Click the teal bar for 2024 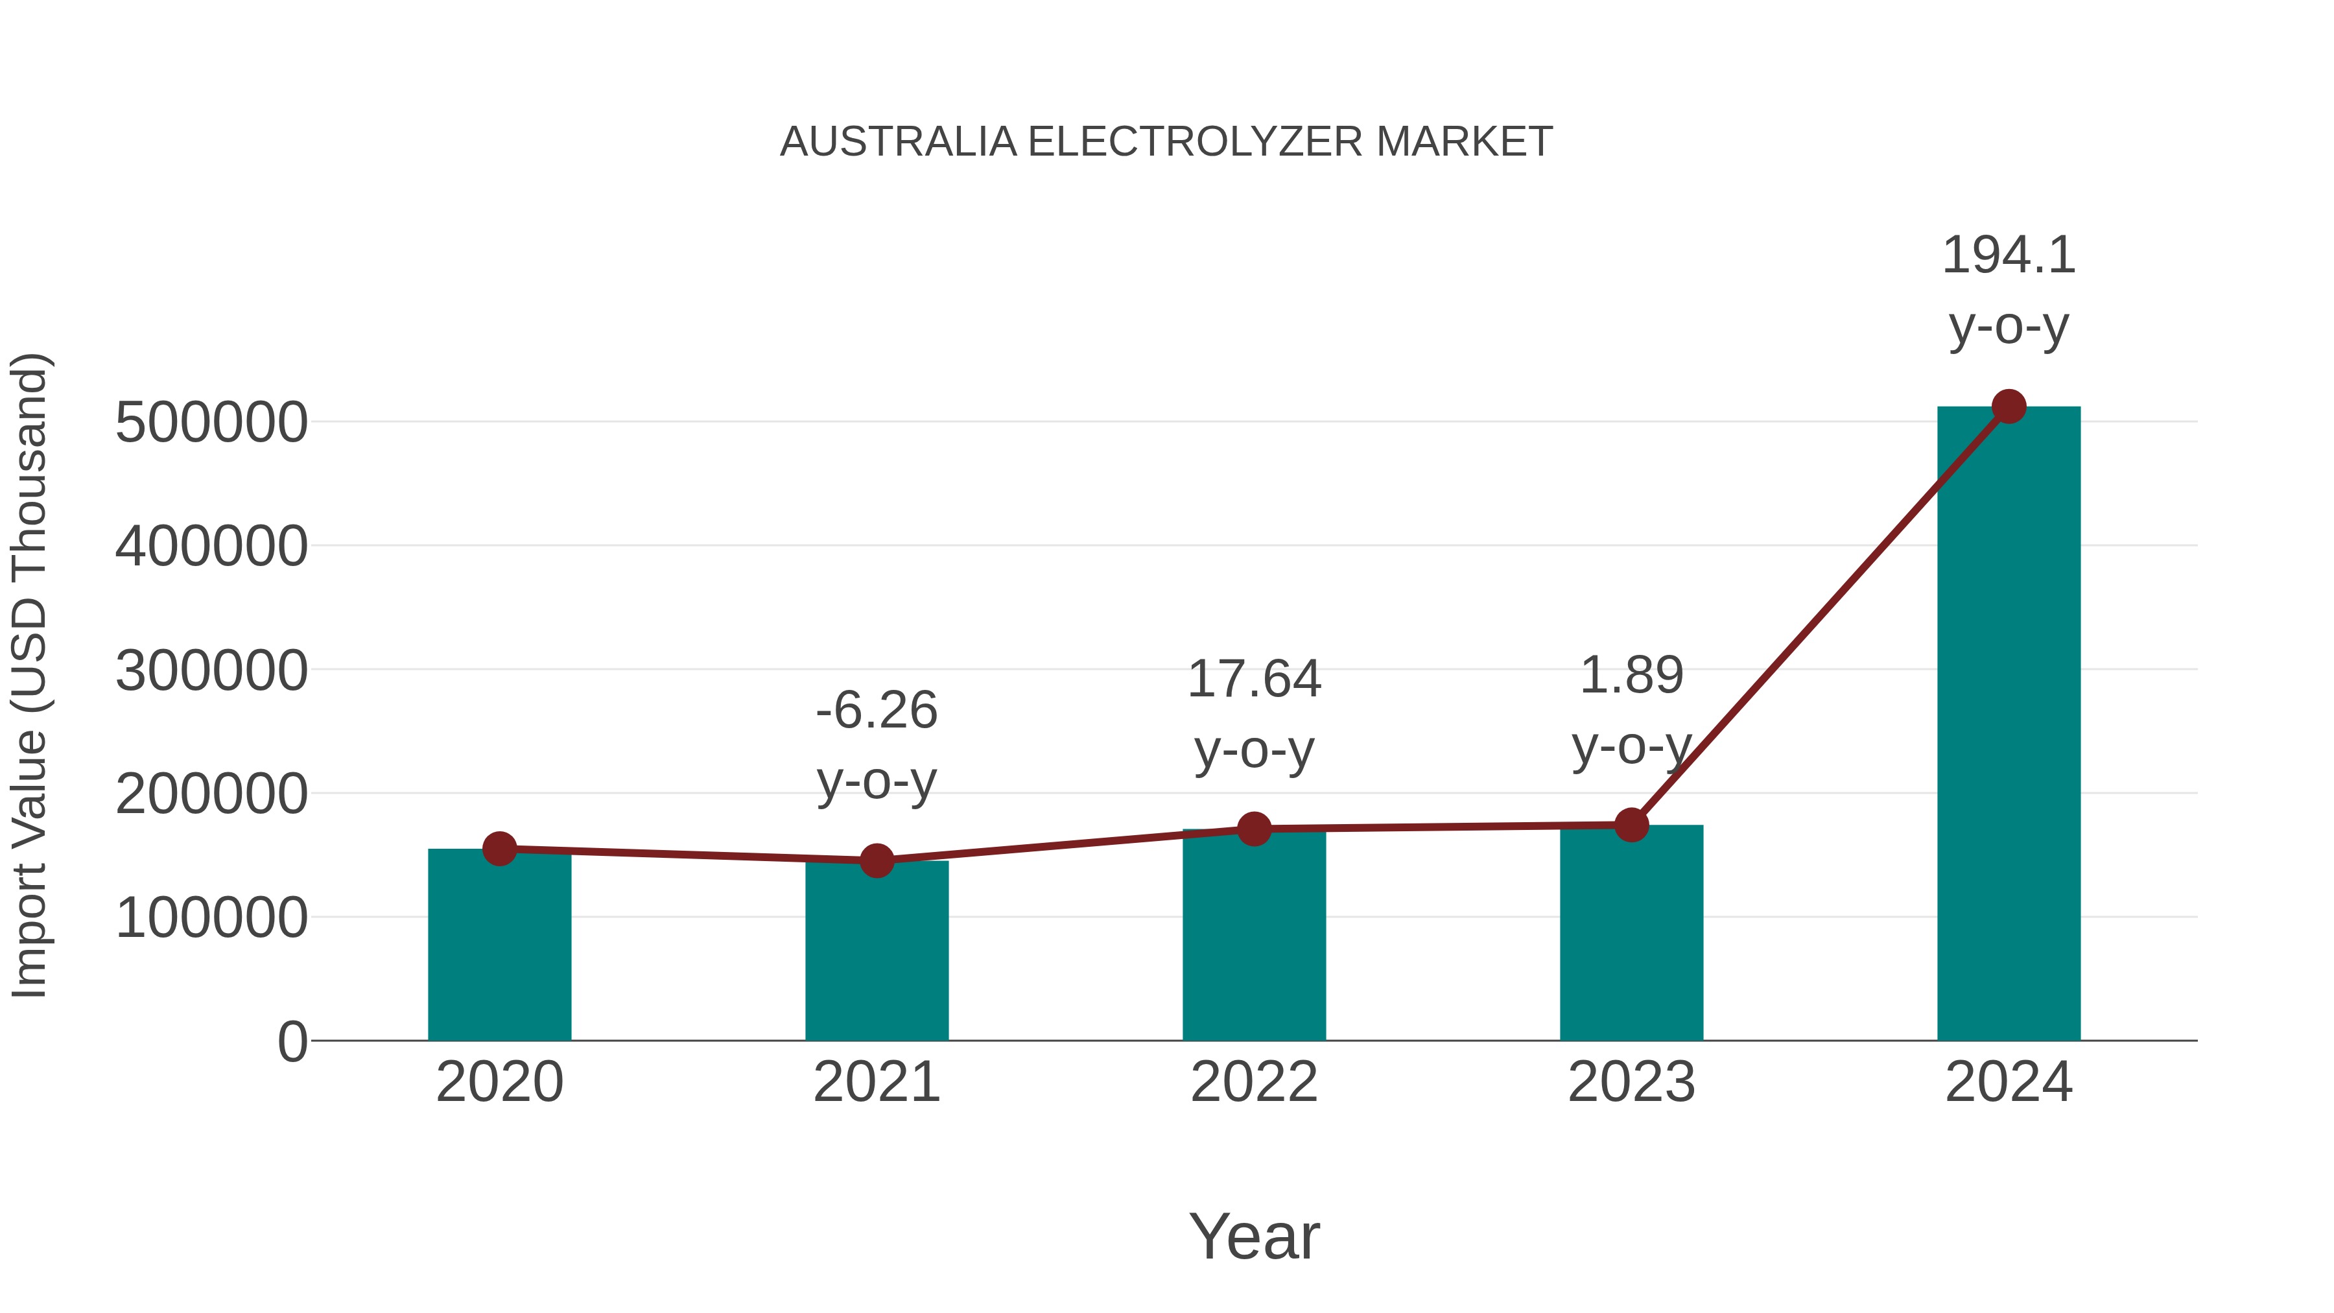[2008, 725]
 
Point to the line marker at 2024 [2009, 407]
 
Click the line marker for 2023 [1631, 825]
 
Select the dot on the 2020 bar [499, 849]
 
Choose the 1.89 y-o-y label [1631, 711]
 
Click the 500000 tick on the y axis [211, 422]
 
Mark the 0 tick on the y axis [292, 1041]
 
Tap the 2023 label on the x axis [1631, 1082]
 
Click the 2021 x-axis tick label [876, 1082]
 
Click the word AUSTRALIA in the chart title [898, 142]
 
